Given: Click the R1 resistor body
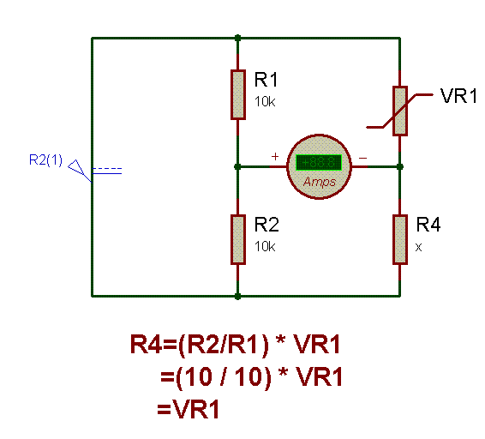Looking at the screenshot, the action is [x=238, y=94].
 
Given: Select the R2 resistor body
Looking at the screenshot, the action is [x=238, y=239].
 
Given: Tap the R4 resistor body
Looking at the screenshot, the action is [x=400, y=239].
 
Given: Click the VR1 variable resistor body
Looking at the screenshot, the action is [x=400, y=111].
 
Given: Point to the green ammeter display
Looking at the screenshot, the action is [x=319, y=163].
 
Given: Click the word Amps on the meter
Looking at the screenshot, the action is [x=320, y=182].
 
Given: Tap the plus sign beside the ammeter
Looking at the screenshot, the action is [x=275, y=156].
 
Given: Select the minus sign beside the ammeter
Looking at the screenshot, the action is [x=362, y=159].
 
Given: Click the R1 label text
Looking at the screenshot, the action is [x=266, y=80].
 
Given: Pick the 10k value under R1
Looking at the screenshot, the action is [x=265, y=101].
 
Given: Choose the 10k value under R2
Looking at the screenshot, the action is [x=265, y=246].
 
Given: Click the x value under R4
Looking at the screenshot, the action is [x=418, y=247].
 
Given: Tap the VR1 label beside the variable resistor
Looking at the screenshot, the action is [x=459, y=96].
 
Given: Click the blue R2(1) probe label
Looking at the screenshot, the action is [x=45, y=160].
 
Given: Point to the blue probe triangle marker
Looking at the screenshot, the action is [x=76, y=167].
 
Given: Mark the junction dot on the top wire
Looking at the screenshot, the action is [x=237, y=38].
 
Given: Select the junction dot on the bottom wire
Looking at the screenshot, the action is [x=237, y=297].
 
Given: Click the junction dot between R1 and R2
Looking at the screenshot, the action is [x=237, y=167].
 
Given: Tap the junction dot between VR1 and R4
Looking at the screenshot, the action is [x=400, y=167].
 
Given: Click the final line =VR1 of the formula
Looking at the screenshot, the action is [x=188, y=409].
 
